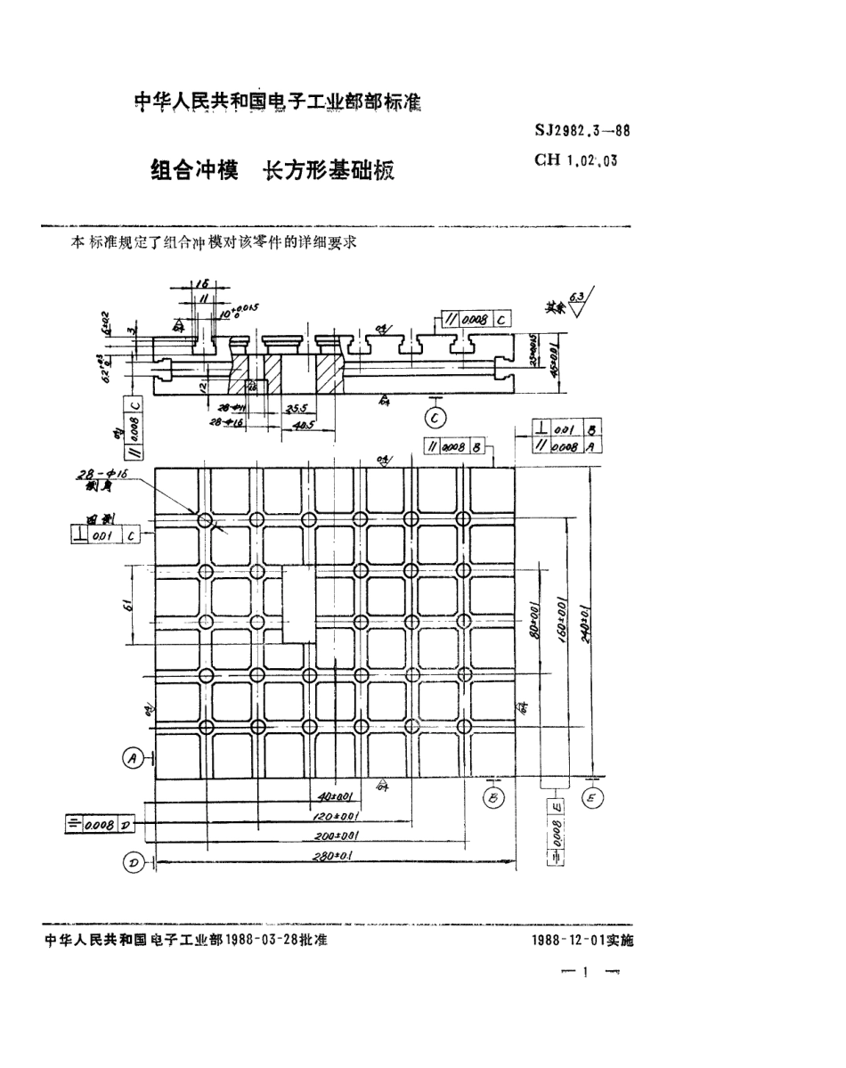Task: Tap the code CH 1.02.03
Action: pyautogui.click(x=575, y=161)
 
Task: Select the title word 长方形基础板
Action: pyautogui.click(x=325, y=172)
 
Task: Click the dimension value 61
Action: pyautogui.click(x=128, y=606)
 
